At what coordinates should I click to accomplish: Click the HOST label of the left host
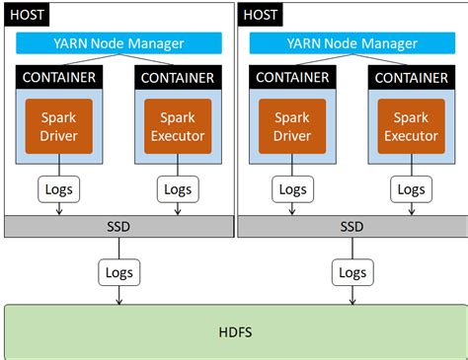[x=26, y=16]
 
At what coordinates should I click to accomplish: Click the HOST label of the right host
[x=261, y=16]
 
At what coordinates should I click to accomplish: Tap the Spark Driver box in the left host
[x=58, y=125]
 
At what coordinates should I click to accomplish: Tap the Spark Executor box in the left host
[x=178, y=125]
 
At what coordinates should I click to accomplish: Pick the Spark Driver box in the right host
[x=291, y=125]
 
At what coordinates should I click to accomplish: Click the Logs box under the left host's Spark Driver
[x=58, y=188]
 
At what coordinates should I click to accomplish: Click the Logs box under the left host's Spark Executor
[x=178, y=188]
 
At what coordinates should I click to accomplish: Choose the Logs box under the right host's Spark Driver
[x=291, y=188]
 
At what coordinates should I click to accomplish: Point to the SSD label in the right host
[x=351, y=226]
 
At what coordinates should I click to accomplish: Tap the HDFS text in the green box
[x=234, y=331]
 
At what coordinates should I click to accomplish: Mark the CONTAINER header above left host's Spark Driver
[x=58, y=77]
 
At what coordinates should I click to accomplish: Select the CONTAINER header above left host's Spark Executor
[x=178, y=77]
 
